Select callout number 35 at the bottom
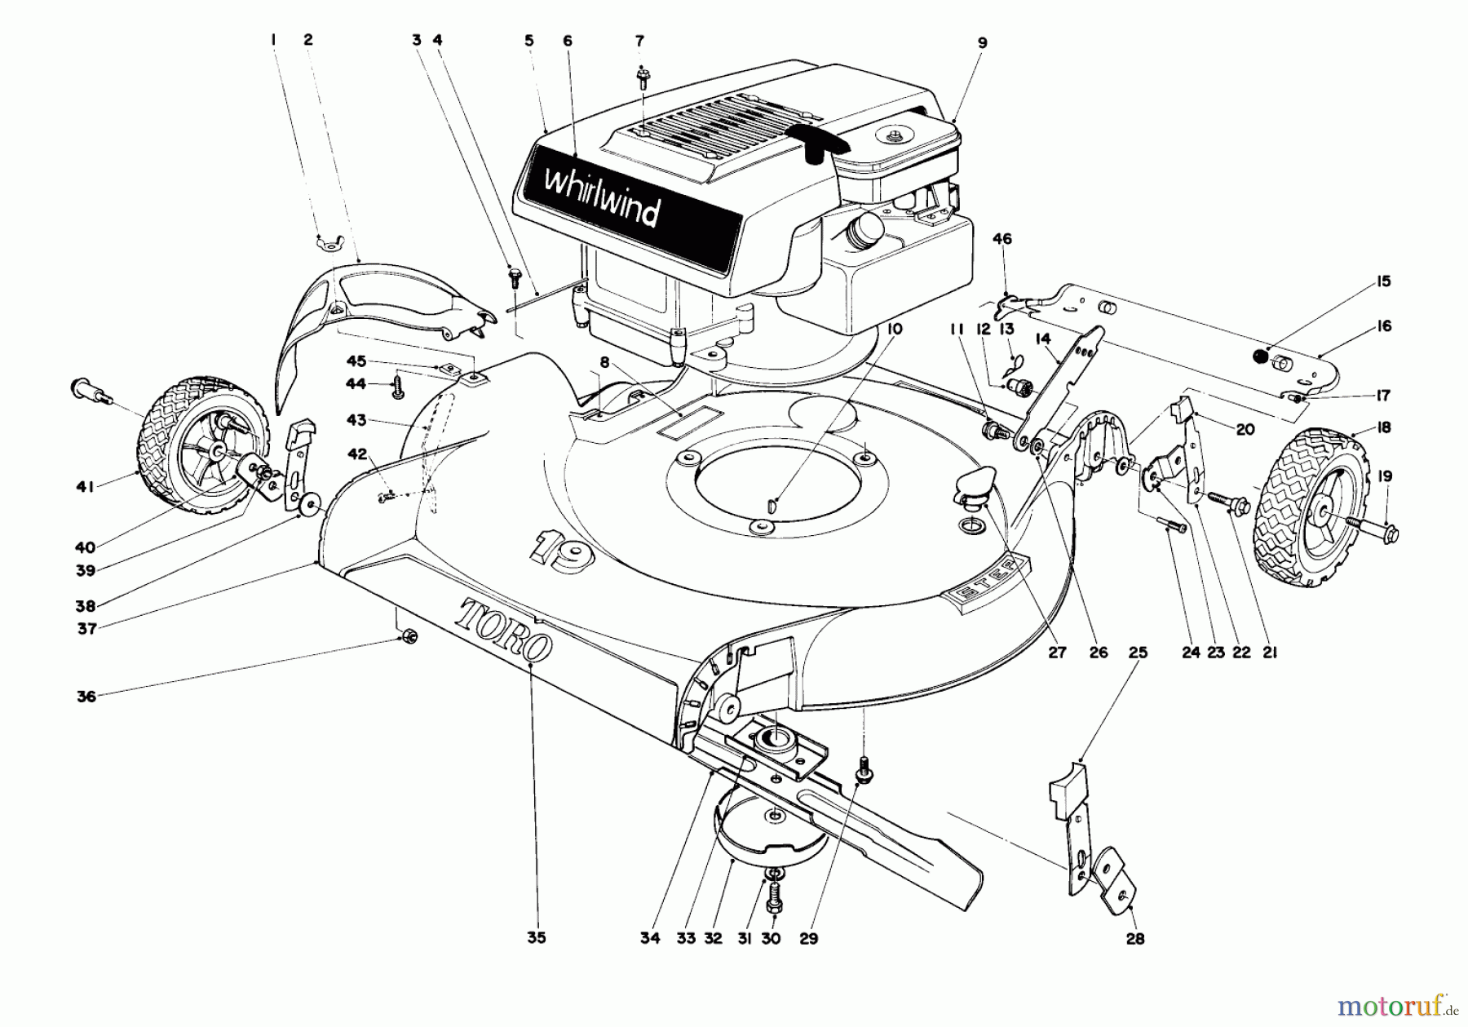(x=536, y=938)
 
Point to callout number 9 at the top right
(x=982, y=42)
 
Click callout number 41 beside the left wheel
(x=86, y=486)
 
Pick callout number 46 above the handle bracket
(x=1002, y=239)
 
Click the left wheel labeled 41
(x=205, y=446)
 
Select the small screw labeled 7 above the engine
(x=642, y=78)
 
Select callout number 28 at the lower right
(x=1134, y=939)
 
